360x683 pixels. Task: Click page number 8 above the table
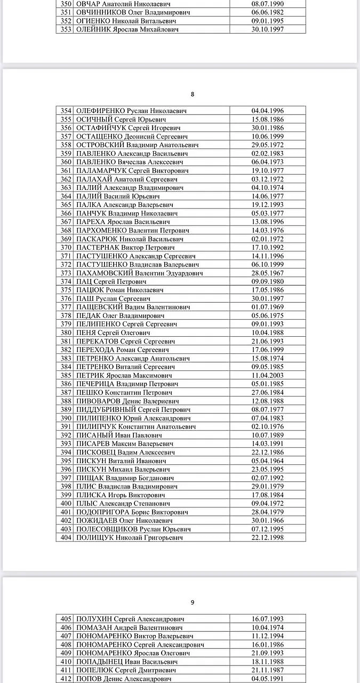(193, 94)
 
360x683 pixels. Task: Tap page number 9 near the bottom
(193, 602)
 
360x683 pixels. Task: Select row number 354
(66, 111)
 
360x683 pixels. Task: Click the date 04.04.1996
(268, 111)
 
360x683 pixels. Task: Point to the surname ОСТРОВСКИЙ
(100, 145)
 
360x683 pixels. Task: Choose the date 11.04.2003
(268, 376)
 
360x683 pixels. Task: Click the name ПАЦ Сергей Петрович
(111, 282)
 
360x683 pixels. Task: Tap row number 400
(66, 504)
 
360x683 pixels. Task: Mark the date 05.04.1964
(268, 461)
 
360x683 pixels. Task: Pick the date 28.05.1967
(268, 273)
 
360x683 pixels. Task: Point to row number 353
(66, 29)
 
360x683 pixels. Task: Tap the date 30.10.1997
(268, 29)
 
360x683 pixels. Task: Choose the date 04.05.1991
(268, 679)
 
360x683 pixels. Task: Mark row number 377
(66, 307)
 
